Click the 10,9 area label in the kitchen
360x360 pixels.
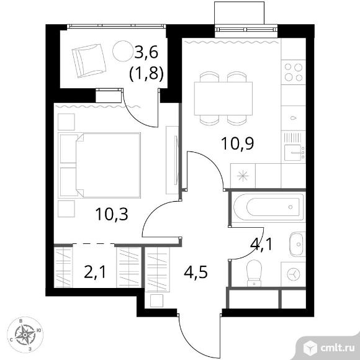click(x=238, y=143)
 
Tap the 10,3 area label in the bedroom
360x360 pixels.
click(x=112, y=214)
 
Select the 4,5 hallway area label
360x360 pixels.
click(x=196, y=272)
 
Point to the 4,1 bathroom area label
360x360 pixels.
click(x=261, y=244)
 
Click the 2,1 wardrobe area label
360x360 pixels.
click(x=95, y=272)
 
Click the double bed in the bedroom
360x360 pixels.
click(x=99, y=165)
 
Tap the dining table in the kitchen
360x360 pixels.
click(x=223, y=98)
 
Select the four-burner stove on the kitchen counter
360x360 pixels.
click(x=294, y=73)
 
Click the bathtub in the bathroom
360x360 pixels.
click(x=268, y=207)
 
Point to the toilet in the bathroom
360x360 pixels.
click(x=254, y=273)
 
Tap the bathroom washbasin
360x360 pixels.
click(x=297, y=244)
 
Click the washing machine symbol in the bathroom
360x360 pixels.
click(x=294, y=274)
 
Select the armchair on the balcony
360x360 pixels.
click(x=89, y=61)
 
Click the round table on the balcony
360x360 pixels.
click(x=123, y=51)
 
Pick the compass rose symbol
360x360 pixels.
click(x=25, y=335)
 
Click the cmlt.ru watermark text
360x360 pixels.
click(x=338, y=348)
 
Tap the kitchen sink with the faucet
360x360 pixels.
click(x=294, y=153)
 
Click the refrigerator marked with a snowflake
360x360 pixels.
click(x=243, y=176)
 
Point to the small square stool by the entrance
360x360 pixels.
click(x=156, y=300)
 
